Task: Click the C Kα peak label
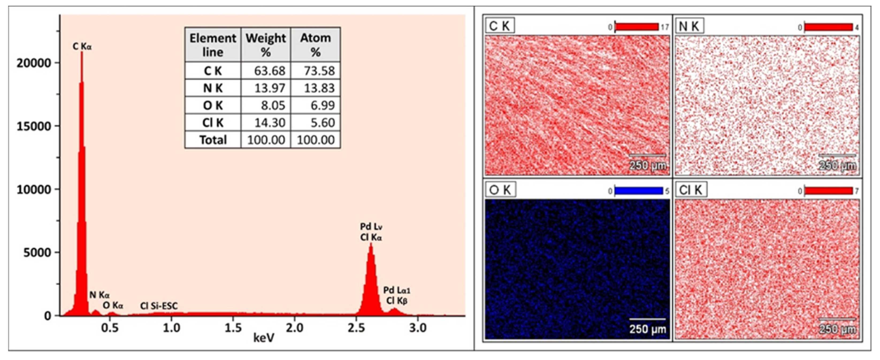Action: coord(82,46)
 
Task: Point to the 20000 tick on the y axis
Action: coord(33,63)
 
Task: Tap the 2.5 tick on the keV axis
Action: coord(356,328)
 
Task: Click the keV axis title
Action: coord(264,338)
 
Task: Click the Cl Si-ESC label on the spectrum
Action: coord(159,306)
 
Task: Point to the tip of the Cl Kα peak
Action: coord(371,244)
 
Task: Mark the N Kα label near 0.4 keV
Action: coord(100,295)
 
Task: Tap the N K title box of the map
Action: coord(689,26)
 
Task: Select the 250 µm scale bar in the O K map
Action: coord(647,320)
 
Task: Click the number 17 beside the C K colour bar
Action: coord(664,27)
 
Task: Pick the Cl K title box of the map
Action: coord(690,190)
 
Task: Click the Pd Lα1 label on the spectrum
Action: coord(397,290)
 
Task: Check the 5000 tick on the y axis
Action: coord(37,253)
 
